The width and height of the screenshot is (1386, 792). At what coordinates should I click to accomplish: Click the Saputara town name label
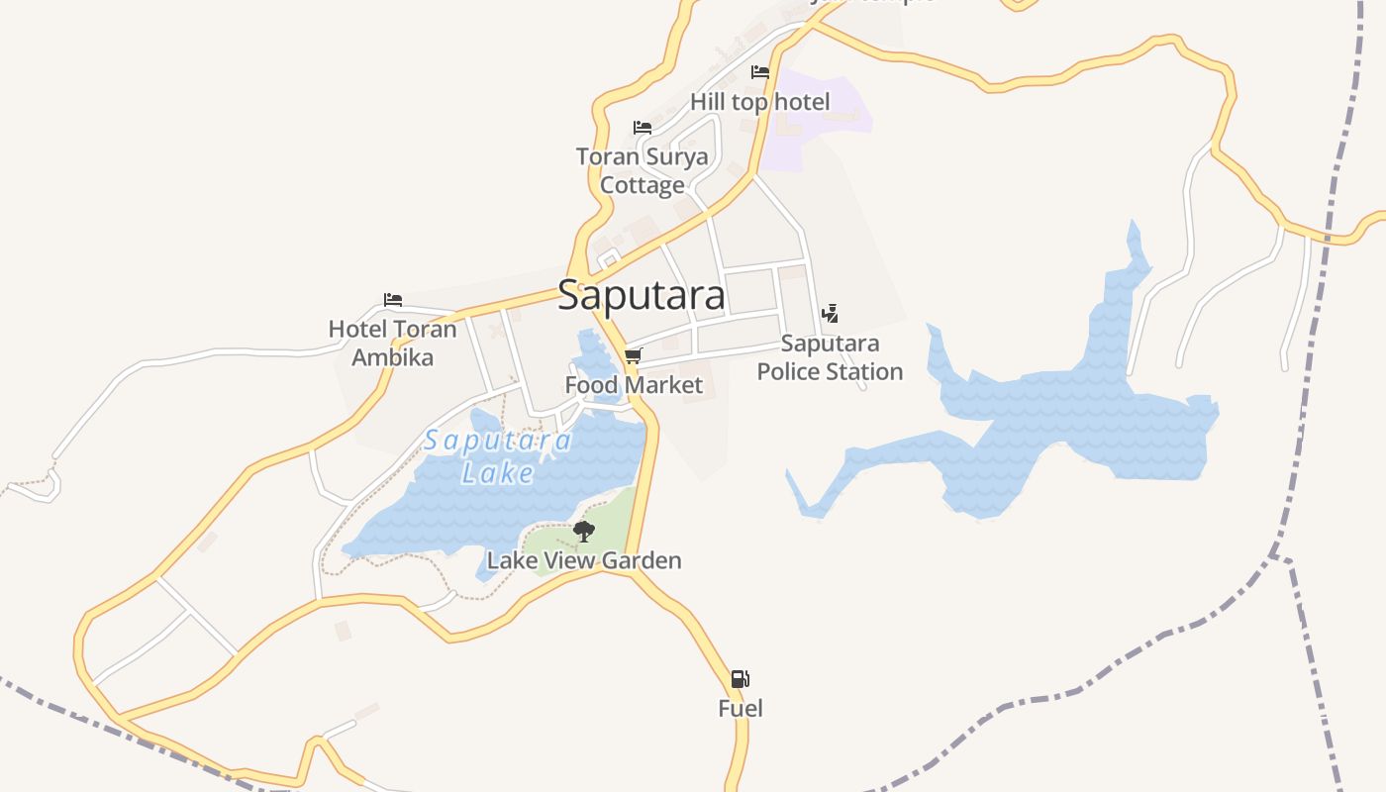(641, 295)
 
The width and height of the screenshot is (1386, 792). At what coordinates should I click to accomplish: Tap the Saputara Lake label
(498, 455)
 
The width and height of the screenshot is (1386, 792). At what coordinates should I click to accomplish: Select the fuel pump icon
(740, 679)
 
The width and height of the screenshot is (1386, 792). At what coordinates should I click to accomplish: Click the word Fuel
(741, 709)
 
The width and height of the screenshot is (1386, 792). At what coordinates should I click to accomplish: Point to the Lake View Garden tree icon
(584, 532)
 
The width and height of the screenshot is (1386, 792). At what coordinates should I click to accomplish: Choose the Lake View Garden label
(584, 560)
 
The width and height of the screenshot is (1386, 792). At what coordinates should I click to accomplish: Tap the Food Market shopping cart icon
(634, 355)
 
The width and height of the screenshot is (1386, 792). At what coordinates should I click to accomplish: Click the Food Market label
(634, 385)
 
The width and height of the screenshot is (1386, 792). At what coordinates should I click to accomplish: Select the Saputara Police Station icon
(830, 314)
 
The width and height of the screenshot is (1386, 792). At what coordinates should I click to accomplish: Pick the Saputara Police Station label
(830, 357)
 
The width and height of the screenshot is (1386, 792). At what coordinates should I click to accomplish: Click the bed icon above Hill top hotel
(760, 72)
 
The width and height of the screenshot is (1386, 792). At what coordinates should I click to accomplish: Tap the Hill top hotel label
(760, 102)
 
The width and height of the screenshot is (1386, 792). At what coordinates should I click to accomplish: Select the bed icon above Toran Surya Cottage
(643, 128)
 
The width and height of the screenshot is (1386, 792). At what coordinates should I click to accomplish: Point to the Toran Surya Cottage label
(643, 170)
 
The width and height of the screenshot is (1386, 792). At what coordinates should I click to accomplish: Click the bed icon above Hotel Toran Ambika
(393, 300)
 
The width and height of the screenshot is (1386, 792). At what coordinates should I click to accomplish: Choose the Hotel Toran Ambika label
(393, 343)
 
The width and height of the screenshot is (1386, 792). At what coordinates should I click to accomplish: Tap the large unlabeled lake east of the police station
(1069, 416)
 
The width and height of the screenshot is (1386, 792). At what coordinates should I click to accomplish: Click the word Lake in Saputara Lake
(498, 473)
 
